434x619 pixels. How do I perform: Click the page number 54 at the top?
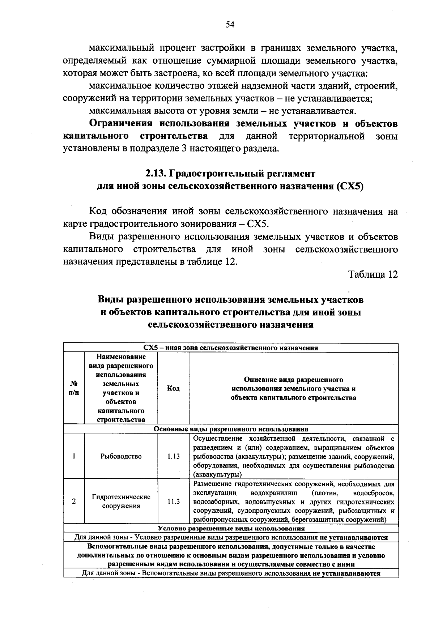pyautogui.click(x=230, y=25)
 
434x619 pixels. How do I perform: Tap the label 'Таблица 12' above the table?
pyautogui.click(x=373, y=274)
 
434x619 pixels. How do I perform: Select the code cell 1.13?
pyautogui.click(x=174, y=456)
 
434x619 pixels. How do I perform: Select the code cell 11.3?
pyautogui.click(x=174, y=501)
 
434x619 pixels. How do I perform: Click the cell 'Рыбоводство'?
pyautogui.click(x=121, y=456)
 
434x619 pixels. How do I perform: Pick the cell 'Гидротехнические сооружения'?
pyautogui.click(x=121, y=501)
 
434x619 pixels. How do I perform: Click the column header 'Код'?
pyautogui.click(x=174, y=388)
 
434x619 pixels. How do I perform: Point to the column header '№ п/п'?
pyautogui.click(x=74, y=388)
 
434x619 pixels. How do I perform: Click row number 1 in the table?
pyautogui.click(x=74, y=456)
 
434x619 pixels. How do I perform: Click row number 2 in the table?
pyautogui.click(x=74, y=501)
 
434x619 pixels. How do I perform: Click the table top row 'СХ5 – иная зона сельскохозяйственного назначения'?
pyautogui.click(x=231, y=348)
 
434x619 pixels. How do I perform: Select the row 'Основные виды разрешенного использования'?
pyautogui.click(x=231, y=429)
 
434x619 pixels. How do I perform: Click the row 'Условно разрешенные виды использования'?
pyautogui.click(x=231, y=529)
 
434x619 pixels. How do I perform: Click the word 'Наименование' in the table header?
pyautogui.click(x=121, y=357)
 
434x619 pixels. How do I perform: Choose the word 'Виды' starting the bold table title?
pyautogui.click(x=109, y=300)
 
